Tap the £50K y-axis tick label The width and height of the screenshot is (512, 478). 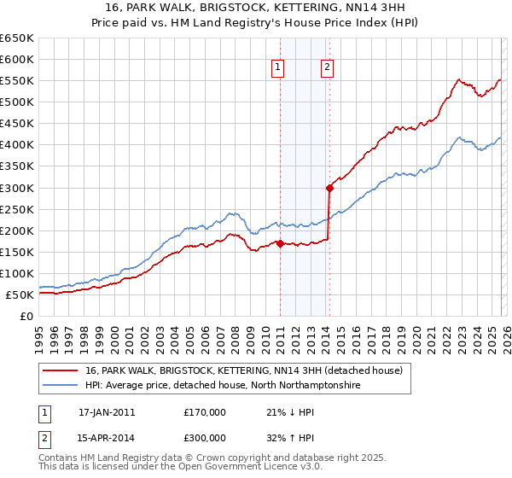[x=20, y=294]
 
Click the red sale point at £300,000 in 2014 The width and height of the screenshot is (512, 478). [x=329, y=188]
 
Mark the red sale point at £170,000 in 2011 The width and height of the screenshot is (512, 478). [x=280, y=243]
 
